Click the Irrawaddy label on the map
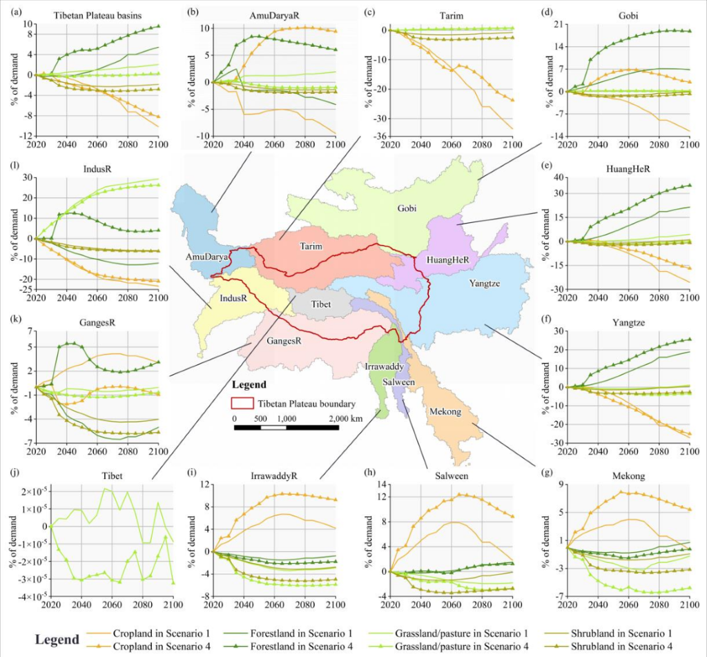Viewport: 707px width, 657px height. click(x=381, y=367)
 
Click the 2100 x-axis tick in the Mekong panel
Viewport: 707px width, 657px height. click(x=689, y=604)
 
